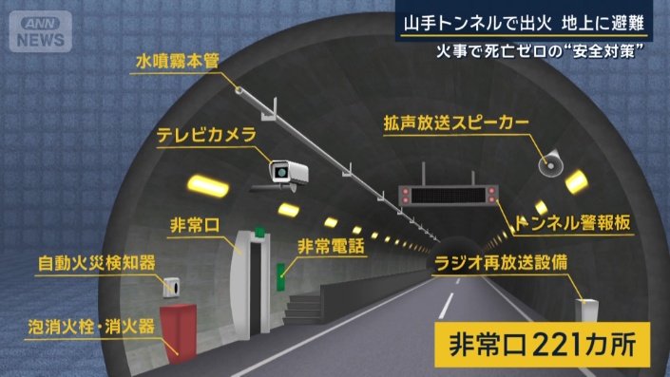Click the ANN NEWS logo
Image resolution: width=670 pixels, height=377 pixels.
click(x=41, y=32)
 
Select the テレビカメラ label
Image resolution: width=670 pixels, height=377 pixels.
click(x=206, y=136)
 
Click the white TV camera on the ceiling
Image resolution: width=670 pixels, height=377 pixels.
click(x=287, y=171)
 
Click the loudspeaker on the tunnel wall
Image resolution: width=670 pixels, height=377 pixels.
click(x=550, y=163)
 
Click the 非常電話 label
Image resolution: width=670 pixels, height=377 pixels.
click(x=333, y=246)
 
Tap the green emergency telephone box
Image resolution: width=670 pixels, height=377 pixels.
click(x=281, y=275)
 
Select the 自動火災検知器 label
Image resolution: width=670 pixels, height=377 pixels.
click(x=97, y=261)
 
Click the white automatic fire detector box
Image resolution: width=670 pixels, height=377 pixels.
click(x=173, y=285)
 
